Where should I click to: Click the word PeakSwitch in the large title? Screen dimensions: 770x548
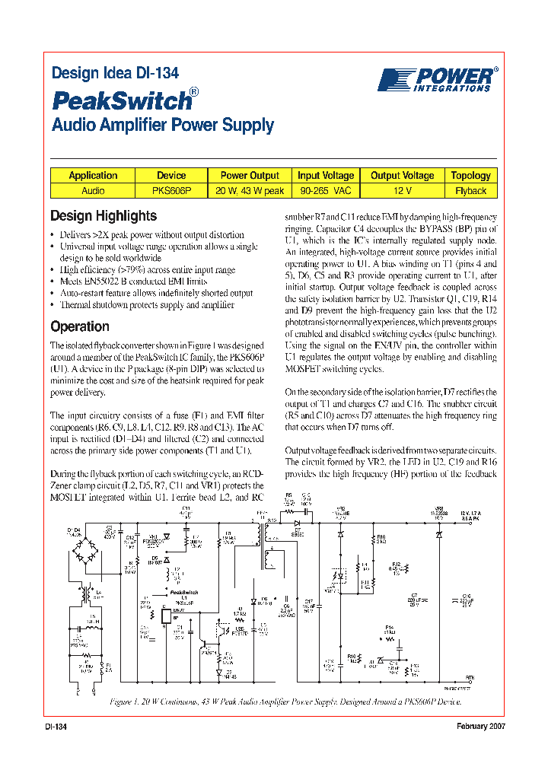click(120, 100)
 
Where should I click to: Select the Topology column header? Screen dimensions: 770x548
click(470, 175)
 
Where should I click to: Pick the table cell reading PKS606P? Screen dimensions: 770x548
click(171, 191)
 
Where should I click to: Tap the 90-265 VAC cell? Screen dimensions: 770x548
click(326, 191)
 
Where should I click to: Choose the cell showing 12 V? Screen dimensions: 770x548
click(402, 191)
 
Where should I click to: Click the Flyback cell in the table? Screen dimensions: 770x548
click(470, 191)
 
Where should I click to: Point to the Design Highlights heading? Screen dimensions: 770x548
click(103, 215)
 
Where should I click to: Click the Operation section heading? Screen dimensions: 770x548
click(79, 326)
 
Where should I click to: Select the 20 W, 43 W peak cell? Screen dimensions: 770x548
click(250, 191)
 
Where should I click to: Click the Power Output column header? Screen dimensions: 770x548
click(250, 175)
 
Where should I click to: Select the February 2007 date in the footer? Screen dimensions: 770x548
click(481, 727)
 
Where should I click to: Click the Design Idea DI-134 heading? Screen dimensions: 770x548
click(115, 74)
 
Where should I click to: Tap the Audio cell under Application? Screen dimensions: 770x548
click(93, 191)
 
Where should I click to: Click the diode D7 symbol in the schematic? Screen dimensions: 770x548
click(298, 523)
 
